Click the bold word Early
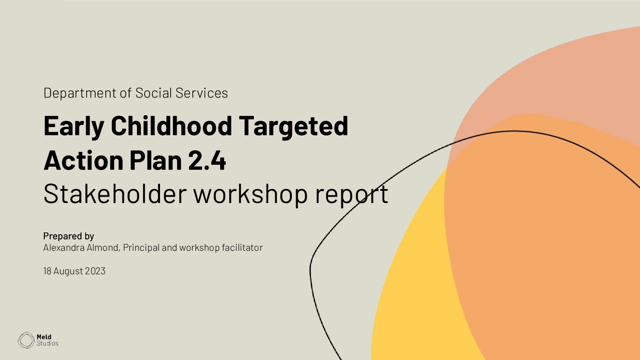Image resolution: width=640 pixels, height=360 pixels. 74,126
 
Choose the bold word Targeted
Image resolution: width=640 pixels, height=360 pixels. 293,126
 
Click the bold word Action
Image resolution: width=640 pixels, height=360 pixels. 83,160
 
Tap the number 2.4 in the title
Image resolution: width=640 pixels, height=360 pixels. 207,160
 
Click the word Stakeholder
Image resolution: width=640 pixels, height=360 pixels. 115,194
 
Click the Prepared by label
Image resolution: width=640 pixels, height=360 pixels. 69,236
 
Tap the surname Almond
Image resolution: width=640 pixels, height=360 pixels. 103,248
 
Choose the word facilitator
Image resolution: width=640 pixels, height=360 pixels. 242,248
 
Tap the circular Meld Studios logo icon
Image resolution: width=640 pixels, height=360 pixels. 26,340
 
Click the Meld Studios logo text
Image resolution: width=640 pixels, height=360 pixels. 47,340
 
